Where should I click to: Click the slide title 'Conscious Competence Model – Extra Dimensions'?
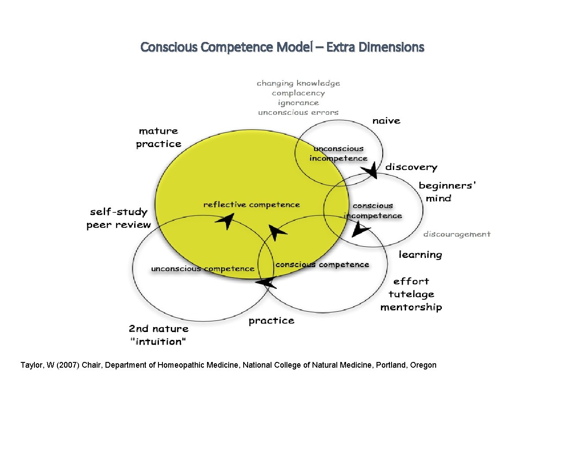(x=282, y=47)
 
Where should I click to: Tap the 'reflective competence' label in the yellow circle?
(x=251, y=205)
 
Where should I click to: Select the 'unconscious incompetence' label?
(x=338, y=154)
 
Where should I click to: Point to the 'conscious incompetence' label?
(x=373, y=211)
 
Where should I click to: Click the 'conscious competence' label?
(x=322, y=265)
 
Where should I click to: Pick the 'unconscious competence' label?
(x=203, y=269)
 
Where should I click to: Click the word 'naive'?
(x=386, y=121)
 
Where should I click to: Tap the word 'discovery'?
(x=411, y=167)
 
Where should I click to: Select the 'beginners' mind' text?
(x=447, y=192)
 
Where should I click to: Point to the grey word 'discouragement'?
(x=457, y=234)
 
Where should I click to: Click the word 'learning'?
(x=420, y=255)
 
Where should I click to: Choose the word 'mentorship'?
(x=411, y=307)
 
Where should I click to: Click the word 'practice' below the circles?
(x=271, y=321)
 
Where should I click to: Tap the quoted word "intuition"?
(x=158, y=342)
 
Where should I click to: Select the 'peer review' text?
(x=118, y=225)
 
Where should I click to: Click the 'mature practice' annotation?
(x=158, y=137)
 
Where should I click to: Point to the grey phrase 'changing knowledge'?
(x=298, y=83)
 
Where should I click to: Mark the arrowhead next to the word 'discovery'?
(x=373, y=170)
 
